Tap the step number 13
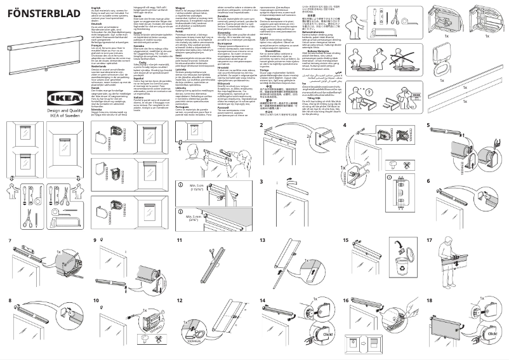pyautogui.click(x=263, y=241)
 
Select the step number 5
pyautogui.click(x=429, y=125)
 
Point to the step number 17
pyautogui.click(x=430, y=241)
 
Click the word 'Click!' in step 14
pyautogui.click(x=327, y=334)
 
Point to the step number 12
pyautogui.click(x=180, y=300)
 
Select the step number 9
pyautogui.click(x=95, y=241)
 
